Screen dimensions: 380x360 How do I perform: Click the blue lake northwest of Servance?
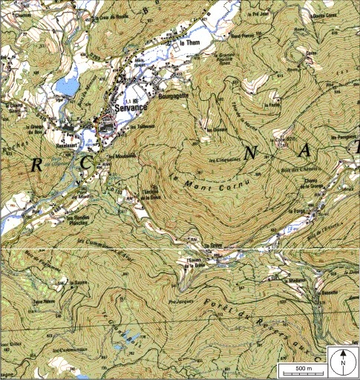[x=66, y=86]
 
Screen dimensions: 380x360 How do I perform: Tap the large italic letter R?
[x=36, y=165]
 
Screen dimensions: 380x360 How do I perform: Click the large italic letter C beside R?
[x=88, y=161]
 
